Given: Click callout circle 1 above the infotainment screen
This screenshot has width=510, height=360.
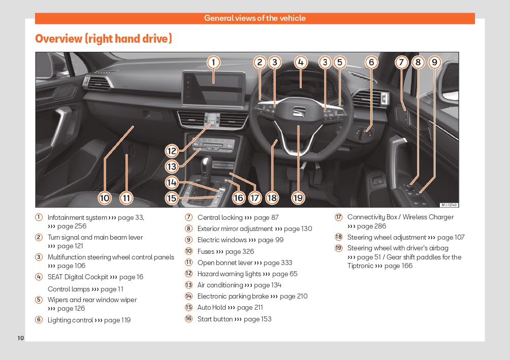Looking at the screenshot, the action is [213, 62].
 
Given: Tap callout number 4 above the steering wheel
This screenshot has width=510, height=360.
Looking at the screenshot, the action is [301, 62].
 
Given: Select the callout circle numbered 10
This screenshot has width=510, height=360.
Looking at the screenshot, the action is [105, 198].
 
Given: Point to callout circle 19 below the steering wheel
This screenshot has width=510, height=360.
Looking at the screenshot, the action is [298, 198].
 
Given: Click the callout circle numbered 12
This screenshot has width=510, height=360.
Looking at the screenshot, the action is [172, 151].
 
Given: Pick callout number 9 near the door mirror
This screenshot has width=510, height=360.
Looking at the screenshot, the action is [434, 62].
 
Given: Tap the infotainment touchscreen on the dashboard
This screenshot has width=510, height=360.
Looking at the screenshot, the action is [213, 88].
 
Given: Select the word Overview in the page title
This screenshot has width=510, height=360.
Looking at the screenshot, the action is [59, 39].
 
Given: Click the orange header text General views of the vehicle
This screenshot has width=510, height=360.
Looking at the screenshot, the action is [255, 18].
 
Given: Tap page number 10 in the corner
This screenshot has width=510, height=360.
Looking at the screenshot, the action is [21, 338].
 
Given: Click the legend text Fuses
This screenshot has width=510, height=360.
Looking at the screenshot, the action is [206, 251].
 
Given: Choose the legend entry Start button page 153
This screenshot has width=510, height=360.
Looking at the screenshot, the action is [234, 319].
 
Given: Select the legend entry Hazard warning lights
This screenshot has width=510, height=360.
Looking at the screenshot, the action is [229, 274].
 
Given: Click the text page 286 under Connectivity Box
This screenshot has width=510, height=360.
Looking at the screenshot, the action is [371, 226].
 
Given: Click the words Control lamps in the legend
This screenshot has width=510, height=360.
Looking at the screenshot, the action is [69, 289].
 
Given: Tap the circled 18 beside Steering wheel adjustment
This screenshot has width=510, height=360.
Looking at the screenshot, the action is [339, 237].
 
